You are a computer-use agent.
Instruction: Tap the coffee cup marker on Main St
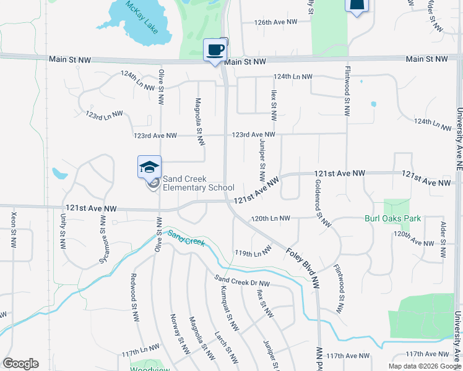point(215,49)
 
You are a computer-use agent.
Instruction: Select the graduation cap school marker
point(149,167)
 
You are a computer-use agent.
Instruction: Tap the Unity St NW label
point(63,231)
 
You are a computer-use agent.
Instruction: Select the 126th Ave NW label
point(275,22)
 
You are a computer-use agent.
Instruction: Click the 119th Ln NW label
point(253,253)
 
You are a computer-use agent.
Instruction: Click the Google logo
point(20,364)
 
